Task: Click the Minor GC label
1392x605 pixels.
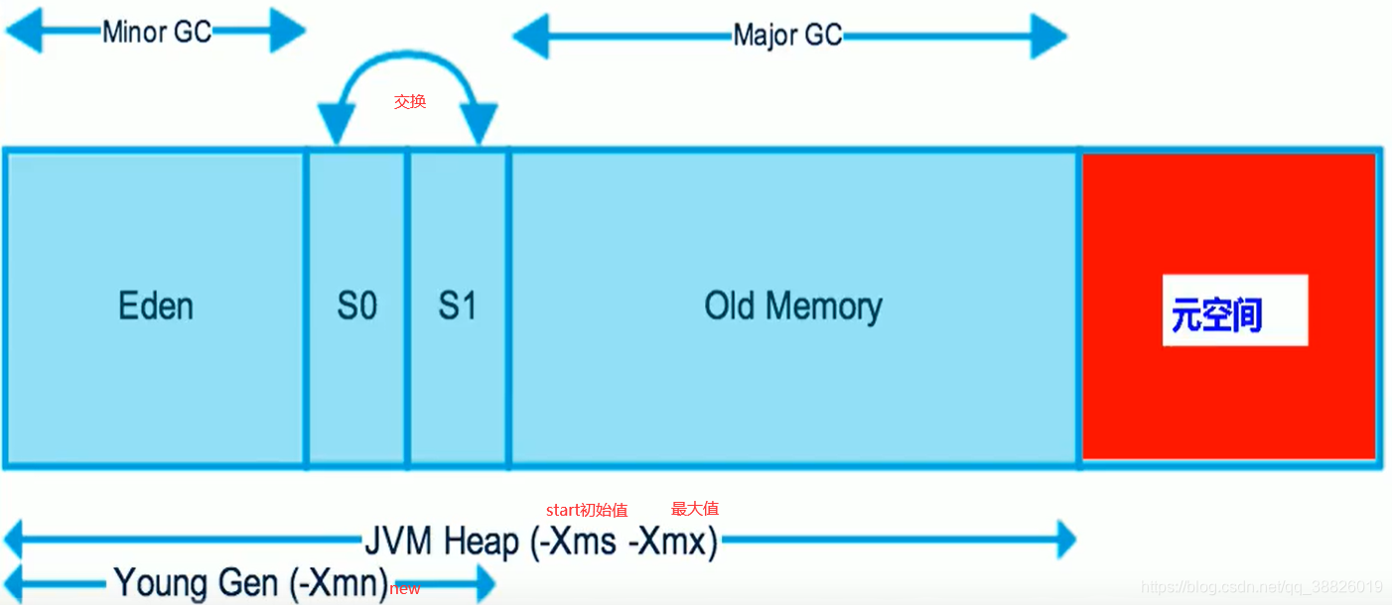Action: tap(157, 32)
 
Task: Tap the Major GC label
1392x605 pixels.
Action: tap(787, 36)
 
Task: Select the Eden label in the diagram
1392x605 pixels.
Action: tap(156, 305)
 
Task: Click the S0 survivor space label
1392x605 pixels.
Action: tap(357, 305)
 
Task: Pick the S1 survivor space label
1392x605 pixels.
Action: tap(458, 305)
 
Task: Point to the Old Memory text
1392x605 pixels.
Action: tap(793, 305)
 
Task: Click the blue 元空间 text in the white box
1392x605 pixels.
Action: tap(1216, 314)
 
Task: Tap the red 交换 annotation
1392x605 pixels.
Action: tap(410, 101)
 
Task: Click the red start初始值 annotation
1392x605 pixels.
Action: tap(587, 510)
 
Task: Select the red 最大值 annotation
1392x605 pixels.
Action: tap(695, 509)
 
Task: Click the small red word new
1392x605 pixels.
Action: tap(405, 589)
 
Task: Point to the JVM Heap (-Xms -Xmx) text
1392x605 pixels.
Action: tap(541, 542)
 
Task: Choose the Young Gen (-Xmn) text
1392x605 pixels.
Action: tap(250, 582)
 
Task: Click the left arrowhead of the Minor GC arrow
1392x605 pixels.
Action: tap(22, 32)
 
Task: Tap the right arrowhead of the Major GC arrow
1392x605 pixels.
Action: tap(1050, 37)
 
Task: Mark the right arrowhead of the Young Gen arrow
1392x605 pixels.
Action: tap(484, 583)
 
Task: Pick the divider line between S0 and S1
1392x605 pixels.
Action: tap(407, 307)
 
